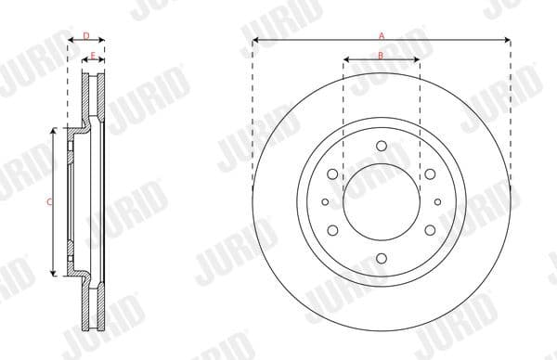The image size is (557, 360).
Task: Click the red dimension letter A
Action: (381, 35)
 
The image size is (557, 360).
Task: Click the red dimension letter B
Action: (381, 56)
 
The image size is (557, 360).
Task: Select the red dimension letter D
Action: (85, 36)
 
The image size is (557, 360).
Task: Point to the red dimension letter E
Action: (93, 57)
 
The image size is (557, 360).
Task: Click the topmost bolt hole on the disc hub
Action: (382, 144)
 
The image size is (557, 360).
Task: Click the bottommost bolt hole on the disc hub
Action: (382, 259)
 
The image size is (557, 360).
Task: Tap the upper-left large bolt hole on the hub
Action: (332, 173)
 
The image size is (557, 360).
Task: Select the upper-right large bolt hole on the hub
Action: (431, 173)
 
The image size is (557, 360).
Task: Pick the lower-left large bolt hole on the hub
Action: (332, 230)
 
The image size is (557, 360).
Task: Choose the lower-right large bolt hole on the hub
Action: (431, 230)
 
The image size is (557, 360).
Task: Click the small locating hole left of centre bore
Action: (325, 201)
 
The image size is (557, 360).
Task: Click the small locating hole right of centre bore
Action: (438, 201)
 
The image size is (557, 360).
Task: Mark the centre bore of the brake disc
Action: (382, 201)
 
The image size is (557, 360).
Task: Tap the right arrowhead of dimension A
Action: (508, 41)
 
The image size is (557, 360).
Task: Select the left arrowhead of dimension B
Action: (346, 61)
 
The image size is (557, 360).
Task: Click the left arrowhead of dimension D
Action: (70, 42)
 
